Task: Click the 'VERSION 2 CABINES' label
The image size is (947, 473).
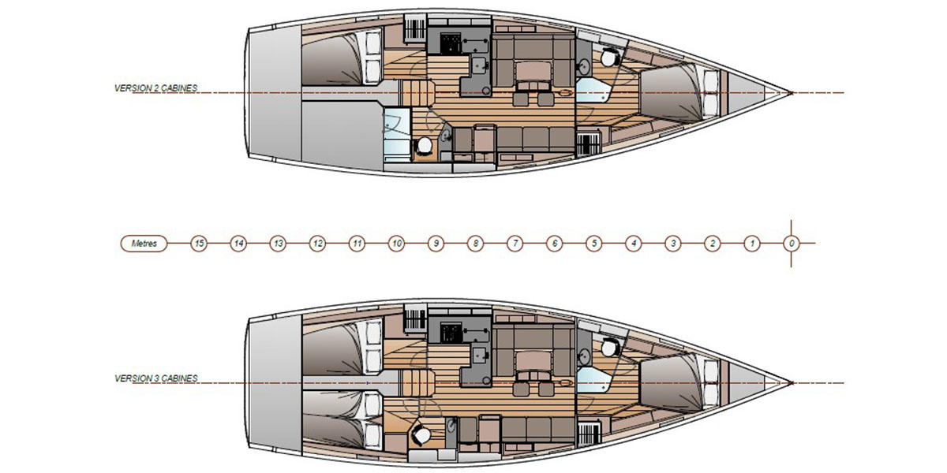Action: (x=155, y=88)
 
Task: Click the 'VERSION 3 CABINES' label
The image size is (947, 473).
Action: (x=156, y=378)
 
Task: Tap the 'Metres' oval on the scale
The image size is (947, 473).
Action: (x=144, y=244)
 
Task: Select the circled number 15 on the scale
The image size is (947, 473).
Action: (x=199, y=244)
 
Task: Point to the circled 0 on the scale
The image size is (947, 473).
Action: (x=792, y=244)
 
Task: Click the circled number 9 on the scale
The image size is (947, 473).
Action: (x=436, y=244)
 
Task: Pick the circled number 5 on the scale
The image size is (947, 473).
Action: (x=594, y=244)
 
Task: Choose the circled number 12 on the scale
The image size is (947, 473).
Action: (x=317, y=244)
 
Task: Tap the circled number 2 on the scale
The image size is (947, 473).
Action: (x=713, y=244)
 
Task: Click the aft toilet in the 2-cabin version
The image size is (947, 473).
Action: (x=424, y=146)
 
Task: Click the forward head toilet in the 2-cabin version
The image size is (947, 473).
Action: (x=609, y=57)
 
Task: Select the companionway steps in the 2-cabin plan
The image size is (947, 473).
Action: (x=417, y=93)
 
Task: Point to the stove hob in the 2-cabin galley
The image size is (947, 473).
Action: (x=451, y=43)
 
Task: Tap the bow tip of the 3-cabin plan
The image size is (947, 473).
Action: (x=792, y=383)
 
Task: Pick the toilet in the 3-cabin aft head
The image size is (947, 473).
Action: (x=420, y=434)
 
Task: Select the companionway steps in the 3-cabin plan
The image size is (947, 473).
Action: (x=417, y=383)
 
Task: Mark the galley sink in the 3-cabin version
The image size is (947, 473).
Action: (x=480, y=355)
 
